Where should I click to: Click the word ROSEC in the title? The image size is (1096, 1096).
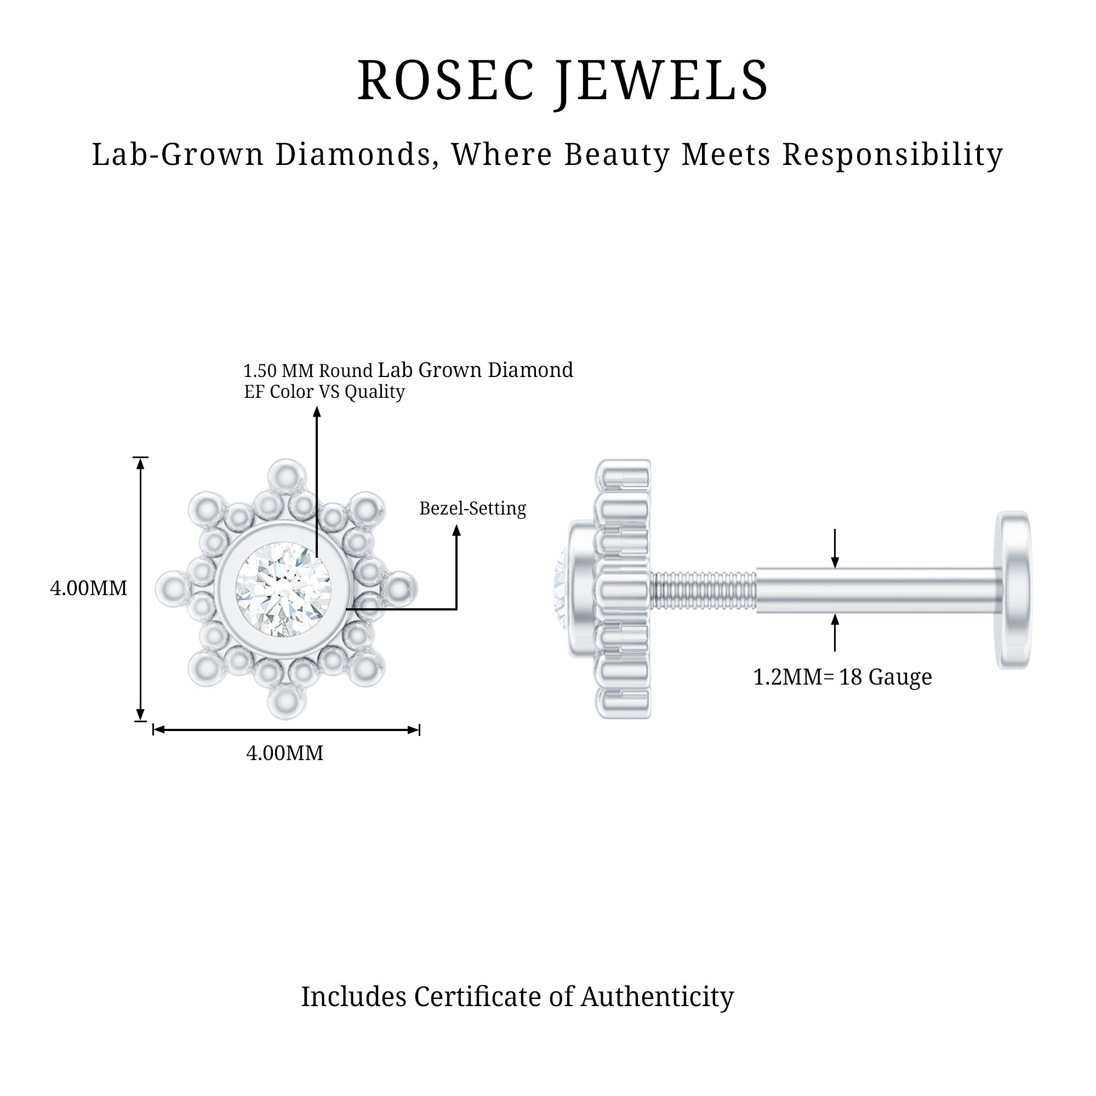click(x=446, y=81)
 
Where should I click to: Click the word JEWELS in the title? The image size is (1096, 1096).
click(x=662, y=81)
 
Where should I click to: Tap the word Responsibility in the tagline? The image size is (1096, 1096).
click(x=893, y=155)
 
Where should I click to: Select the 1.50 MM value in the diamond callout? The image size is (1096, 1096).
click(x=278, y=371)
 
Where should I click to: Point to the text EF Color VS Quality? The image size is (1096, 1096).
click(x=324, y=392)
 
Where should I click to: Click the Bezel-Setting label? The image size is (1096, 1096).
click(x=472, y=509)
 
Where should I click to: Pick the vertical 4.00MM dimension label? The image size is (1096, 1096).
click(x=88, y=588)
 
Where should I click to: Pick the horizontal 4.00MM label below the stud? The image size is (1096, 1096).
click(x=285, y=754)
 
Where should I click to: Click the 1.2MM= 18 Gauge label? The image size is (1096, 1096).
click(x=842, y=677)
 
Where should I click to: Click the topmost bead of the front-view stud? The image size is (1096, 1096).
click(x=287, y=475)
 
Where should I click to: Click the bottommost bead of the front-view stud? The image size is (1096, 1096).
click(x=287, y=702)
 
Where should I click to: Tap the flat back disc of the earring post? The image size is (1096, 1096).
click(x=1014, y=590)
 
